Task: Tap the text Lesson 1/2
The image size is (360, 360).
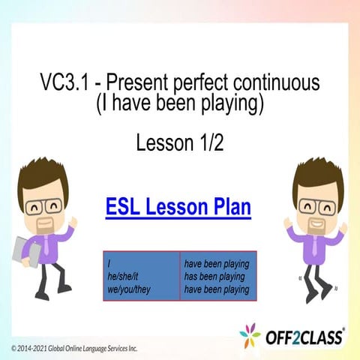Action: [180, 142]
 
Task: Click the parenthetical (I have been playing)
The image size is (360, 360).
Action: [180, 105]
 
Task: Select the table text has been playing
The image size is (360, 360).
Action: [217, 277]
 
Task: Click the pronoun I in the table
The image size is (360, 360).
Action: [110, 265]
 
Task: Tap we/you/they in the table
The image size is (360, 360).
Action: [131, 289]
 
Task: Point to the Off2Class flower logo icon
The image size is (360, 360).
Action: [250, 334]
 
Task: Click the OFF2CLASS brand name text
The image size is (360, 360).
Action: [304, 337]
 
